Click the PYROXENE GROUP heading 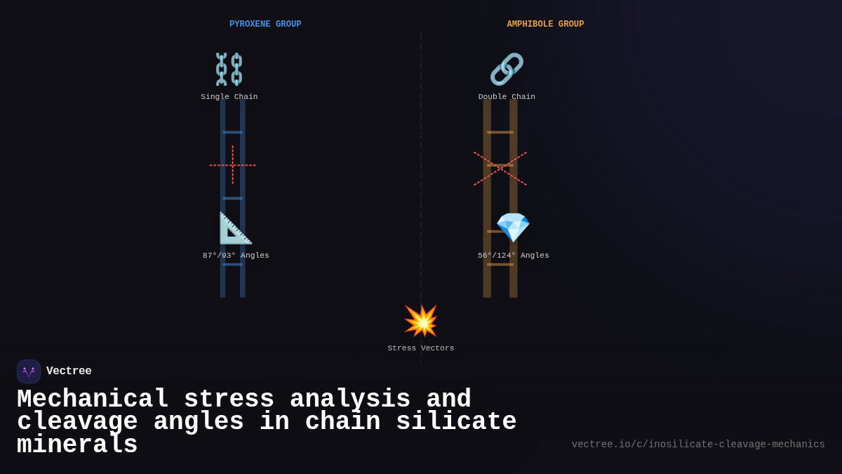(265, 25)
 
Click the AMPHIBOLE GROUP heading (545, 25)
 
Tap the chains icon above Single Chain (229, 69)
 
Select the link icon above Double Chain (507, 69)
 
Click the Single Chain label (229, 97)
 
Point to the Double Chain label (507, 97)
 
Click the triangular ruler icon (235, 228)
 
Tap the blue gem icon (513, 228)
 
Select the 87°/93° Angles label (236, 256)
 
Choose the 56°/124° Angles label (514, 256)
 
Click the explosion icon (421, 321)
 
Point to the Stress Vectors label (421, 348)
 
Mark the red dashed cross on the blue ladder (233, 165)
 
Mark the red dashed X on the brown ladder (500, 169)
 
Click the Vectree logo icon (29, 371)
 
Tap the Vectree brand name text (69, 371)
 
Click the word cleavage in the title (78, 422)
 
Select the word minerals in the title (77, 445)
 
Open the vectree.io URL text (698, 445)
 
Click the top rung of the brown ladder (500, 132)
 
